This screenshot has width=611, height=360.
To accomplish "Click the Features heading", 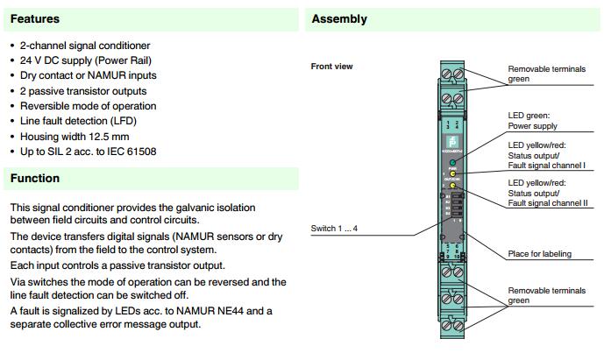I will tap(34, 18).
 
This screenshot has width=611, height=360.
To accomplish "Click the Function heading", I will tap(35, 179).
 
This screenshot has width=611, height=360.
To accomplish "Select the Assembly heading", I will tap(339, 18).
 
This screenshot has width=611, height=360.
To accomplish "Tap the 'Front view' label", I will tap(331, 67).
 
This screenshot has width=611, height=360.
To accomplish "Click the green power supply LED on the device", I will tap(452, 164).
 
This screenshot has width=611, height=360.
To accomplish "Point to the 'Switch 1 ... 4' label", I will tap(334, 229).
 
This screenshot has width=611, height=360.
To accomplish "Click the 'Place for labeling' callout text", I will tap(539, 254).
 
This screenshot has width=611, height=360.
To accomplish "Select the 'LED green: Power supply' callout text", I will tap(536, 120).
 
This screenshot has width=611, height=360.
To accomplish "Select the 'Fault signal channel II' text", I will tap(548, 203).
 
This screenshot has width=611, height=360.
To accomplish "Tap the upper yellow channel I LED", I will tap(452, 175).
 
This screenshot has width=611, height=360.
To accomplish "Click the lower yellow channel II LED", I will tap(452, 186).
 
